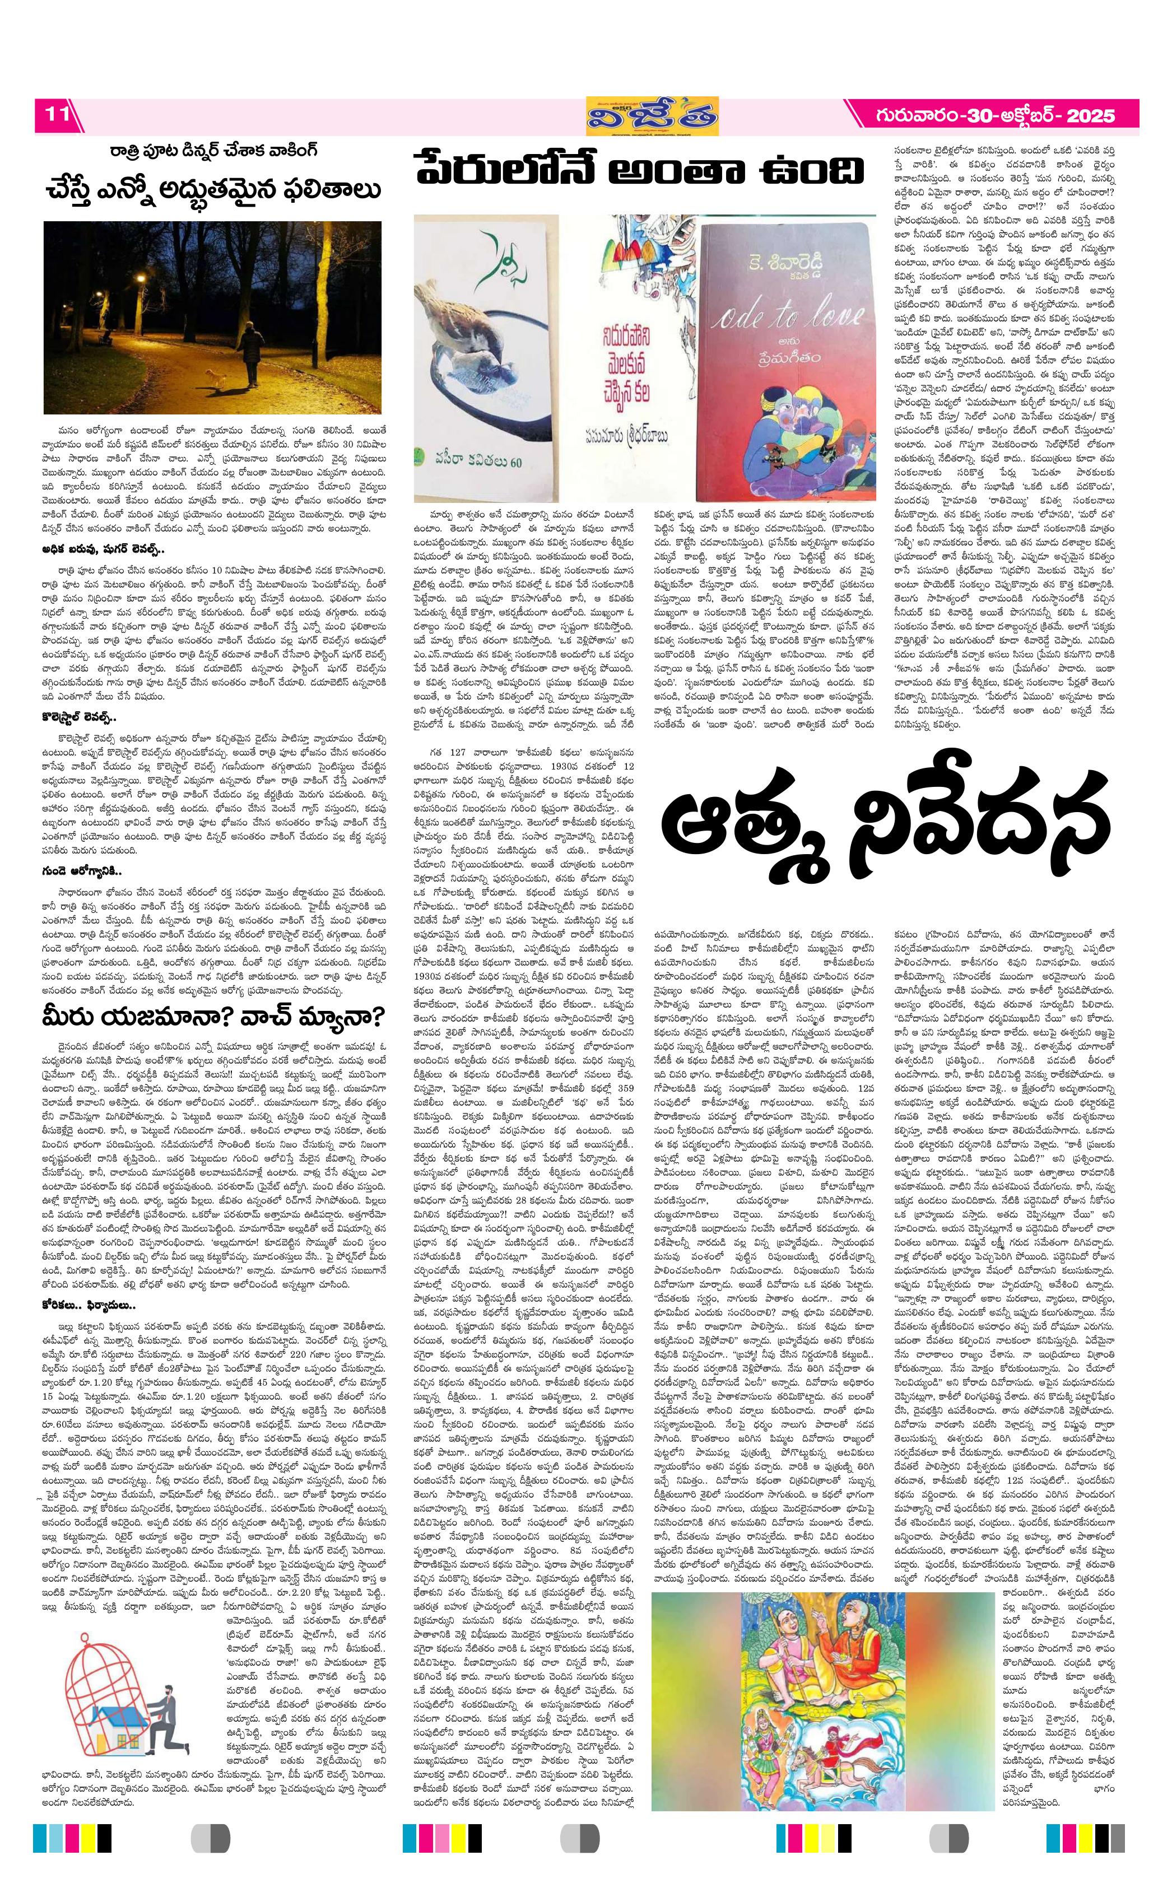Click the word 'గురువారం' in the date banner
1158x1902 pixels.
919,116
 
